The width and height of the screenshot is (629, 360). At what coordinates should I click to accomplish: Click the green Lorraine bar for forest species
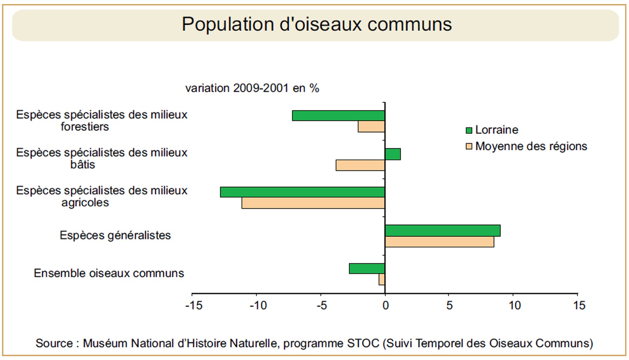(x=338, y=116)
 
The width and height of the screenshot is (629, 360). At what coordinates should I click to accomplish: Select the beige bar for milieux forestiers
(x=371, y=127)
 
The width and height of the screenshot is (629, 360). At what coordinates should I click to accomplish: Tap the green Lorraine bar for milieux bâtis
(x=393, y=154)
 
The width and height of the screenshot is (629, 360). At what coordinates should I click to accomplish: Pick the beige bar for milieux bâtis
(x=361, y=165)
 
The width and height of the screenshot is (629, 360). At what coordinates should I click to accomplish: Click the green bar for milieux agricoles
(x=303, y=192)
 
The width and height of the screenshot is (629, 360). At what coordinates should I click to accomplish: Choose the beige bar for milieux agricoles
(x=313, y=203)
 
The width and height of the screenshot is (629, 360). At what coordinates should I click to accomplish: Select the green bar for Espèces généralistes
(x=443, y=231)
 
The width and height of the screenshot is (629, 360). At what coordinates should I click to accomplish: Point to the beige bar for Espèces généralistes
(x=439, y=242)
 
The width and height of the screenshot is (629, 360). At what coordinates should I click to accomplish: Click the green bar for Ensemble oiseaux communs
(x=367, y=269)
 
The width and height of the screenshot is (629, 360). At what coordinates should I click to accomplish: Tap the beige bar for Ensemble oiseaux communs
(x=382, y=279)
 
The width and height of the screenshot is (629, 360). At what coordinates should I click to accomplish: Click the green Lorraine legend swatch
(x=469, y=130)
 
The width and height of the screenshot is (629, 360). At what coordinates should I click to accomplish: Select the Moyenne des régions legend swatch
(x=469, y=146)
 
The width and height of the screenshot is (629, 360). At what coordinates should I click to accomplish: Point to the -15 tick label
(x=194, y=306)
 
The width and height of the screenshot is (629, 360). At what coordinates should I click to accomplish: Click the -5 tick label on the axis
(x=322, y=306)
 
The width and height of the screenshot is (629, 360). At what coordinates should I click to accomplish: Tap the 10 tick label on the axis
(x=514, y=306)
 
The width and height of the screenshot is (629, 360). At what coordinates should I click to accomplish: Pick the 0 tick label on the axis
(x=386, y=306)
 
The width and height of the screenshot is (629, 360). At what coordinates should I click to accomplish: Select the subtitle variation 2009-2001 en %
(x=252, y=88)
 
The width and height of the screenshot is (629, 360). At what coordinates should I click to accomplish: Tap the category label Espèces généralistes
(x=115, y=235)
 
